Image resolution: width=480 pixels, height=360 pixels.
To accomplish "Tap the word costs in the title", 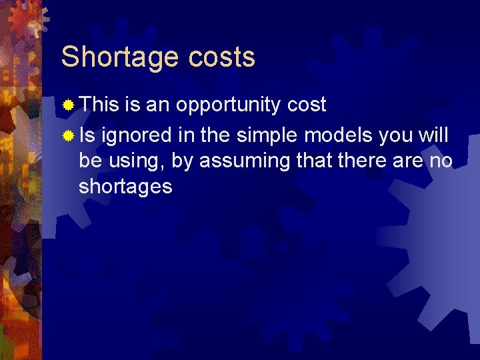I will point(221,57).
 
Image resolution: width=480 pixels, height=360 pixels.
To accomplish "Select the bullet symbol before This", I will point(68,105).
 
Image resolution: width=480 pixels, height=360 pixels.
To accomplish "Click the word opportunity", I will point(229,105).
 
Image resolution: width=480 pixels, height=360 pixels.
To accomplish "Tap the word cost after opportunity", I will point(306,104).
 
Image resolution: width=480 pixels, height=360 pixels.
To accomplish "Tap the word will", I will point(433,136).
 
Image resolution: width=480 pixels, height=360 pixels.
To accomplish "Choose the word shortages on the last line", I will point(125,187).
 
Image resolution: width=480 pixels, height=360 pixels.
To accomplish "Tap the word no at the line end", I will point(441,161).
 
